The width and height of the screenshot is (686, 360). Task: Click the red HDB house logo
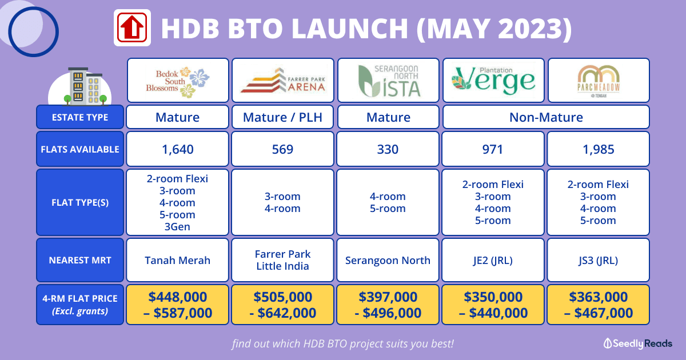tap(132, 27)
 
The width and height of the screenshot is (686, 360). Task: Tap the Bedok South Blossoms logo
tap(178, 81)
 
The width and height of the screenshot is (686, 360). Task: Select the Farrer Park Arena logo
tap(282, 80)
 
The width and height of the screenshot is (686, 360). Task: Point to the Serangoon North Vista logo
tap(389, 81)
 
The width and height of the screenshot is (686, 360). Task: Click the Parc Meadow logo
tap(599, 81)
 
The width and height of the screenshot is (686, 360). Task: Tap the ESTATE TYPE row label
tap(80, 117)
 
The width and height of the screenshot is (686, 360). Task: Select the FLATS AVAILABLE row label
tap(80, 149)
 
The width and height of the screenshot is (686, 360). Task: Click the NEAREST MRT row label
tap(80, 260)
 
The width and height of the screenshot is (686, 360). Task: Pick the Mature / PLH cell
tap(282, 117)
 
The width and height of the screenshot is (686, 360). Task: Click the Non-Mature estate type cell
tap(546, 117)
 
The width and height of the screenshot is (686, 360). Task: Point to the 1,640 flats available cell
tap(178, 149)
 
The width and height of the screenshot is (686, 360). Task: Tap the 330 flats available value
tap(388, 149)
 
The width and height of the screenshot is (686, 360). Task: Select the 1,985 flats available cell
tap(599, 149)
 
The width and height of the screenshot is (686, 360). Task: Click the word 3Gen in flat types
tap(177, 226)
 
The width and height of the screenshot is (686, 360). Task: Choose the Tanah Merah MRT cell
tap(178, 260)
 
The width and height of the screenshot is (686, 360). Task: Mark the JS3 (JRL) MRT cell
tap(599, 260)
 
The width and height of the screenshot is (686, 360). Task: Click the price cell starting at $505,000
tap(282, 305)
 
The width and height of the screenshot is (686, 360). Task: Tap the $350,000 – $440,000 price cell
tap(493, 305)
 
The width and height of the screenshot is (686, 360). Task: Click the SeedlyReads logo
tap(638, 343)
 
